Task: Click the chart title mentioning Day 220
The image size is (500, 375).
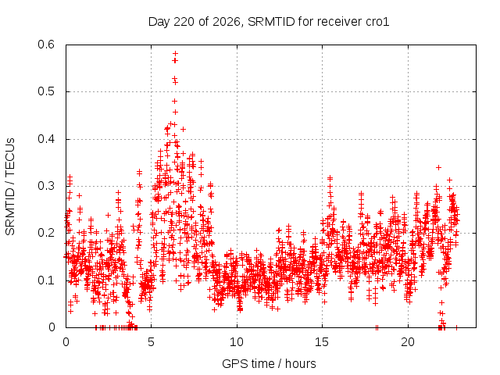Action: (x=269, y=22)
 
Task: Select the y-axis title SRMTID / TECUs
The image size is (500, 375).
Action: (x=10, y=187)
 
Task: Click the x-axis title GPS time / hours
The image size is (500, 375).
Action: (x=269, y=363)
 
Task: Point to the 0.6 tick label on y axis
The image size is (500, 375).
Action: (x=46, y=45)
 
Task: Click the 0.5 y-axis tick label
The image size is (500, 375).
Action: (x=46, y=91)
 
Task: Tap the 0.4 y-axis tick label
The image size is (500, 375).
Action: (x=46, y=139)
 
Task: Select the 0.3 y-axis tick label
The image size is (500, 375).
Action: (x=46, y=186)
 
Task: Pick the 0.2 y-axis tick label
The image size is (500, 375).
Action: (x=46, y=233)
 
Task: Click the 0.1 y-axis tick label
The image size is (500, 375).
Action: (x=46, y=280)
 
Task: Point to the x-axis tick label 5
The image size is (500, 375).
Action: (x=151, y=342)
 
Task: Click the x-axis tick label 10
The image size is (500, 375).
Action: (x=237, y=342)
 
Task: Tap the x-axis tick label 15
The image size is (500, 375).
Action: (x=322, y=342)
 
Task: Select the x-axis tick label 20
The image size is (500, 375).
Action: (x=408, y=342)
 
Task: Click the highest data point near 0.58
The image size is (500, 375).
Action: (x=175, y=53)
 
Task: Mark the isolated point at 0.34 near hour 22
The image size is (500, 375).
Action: (x=439, y=167)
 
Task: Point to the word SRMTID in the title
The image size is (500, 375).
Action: (x=271, y=22)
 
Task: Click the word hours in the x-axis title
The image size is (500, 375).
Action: (x=301, y=363)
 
